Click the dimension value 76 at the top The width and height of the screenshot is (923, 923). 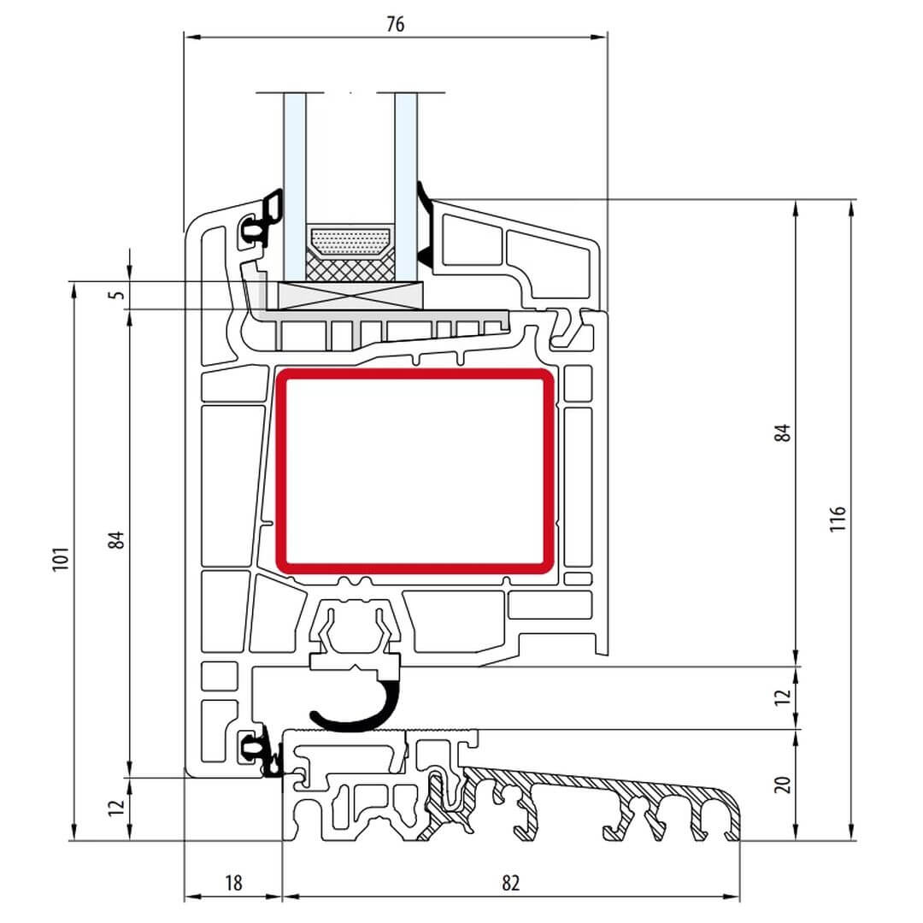pos(396,24)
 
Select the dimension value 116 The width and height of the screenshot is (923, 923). pos(837,518)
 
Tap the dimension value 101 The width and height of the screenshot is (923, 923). pos(62,558)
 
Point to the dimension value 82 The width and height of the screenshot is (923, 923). pos(511,883)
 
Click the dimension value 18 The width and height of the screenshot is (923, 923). pos(233,883)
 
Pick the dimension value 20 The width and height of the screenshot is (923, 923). pos(782,785)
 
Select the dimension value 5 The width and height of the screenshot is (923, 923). pos(118,294)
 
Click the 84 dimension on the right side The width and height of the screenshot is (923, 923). pos(782,432)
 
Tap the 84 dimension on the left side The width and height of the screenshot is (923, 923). pos(116,540)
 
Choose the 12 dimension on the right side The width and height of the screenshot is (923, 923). pos(782,697)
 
